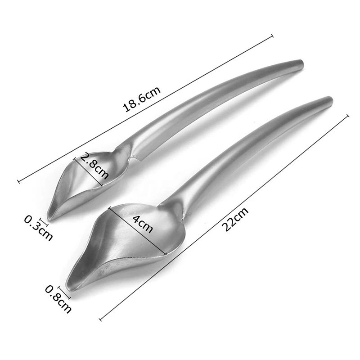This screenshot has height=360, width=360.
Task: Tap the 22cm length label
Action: click(x=235, y=219)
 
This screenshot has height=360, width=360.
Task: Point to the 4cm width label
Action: click(x=143, y=224)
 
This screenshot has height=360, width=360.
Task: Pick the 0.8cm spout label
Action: click(x=58, y=299)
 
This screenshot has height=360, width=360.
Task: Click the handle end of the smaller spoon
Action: click(x=301, y=65)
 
